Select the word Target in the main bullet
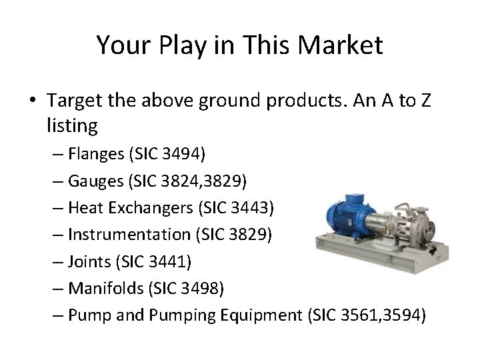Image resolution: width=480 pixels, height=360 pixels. click(75, 100)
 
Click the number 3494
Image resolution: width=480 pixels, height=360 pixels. click(187, 154)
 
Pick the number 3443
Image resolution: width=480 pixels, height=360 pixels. click(251, 208)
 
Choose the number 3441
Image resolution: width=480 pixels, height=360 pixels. click(172, 262)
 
